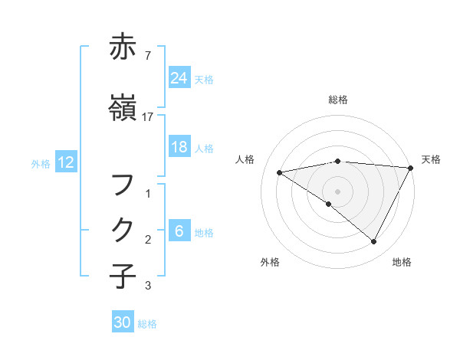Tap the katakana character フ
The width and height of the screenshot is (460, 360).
pyautogui.click(x=123, y=185)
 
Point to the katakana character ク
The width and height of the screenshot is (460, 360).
pyautogui.click(x=123, y=230)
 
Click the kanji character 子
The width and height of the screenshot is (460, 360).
pyautogui.click(x=123, y=276)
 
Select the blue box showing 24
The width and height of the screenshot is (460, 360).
pyautogui.click(x=179, y=78)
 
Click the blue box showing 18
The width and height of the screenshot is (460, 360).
pyautogui.click(x=179, y=147)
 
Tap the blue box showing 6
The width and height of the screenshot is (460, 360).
pyautogui.click(x=179, y=231)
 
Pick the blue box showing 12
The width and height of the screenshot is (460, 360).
pyautogui.click(x=66, y=162)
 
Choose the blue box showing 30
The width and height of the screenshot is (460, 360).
pyautogui.click(x=123, y=323)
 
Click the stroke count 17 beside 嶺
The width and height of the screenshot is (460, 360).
pyautogui.click(x=148, y=116)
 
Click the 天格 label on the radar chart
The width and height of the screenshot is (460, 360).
pyautogui.click(x=431, y=159)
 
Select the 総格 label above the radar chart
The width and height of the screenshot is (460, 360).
pyautogui.click(x=338, y=100)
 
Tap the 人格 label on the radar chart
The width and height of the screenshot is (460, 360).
pyautogui.click(x=245, y=159)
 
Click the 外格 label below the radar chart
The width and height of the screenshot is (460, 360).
pyautogui.click(x=270, y=262)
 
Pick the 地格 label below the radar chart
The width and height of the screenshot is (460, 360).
pyautogui.click(x=402, y=262)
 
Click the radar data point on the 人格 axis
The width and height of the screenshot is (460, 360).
pyautogui.click(x=280, y=172)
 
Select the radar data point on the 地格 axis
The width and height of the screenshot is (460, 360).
pyautogui.click(x=374, y=241)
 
